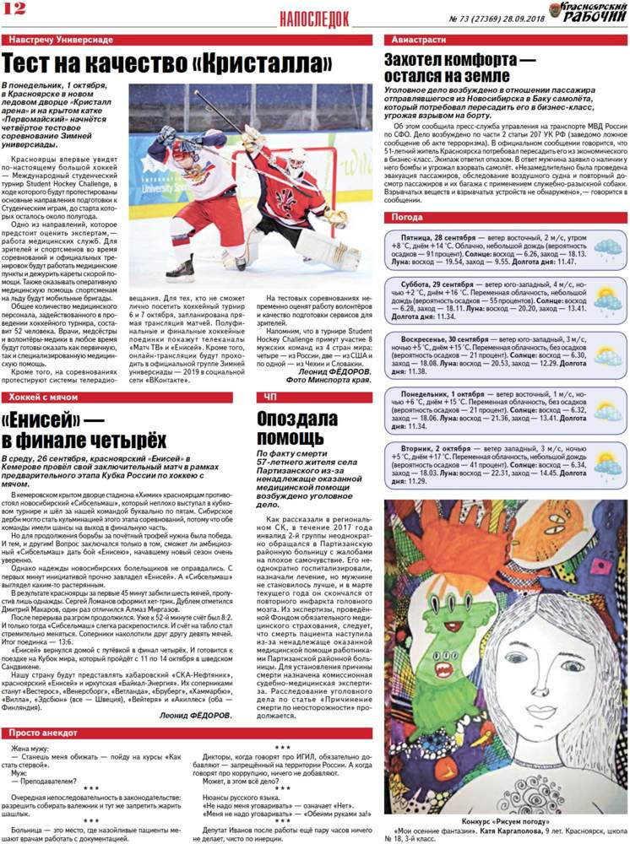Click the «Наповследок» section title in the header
[313, 18]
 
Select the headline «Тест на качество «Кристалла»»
[167, 64]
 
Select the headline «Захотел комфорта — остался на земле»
[460, 68]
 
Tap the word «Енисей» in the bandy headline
[49, 420]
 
